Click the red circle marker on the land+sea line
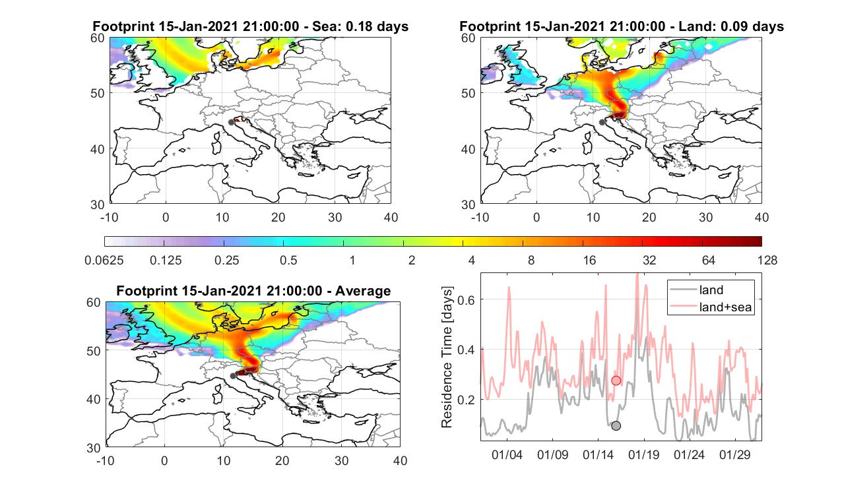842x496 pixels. point(616,381)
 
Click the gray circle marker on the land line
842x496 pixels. point(616,425)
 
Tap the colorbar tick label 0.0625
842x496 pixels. point(104,260)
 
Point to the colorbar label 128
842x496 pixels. point(767,260)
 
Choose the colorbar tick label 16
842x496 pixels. point(589,260)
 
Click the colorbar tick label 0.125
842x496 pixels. point(166,260)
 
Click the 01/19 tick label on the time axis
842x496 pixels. point(643,454)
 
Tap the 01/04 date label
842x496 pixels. point(507,454)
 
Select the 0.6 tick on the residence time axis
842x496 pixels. point(465,299)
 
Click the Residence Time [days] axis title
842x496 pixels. point(447,357)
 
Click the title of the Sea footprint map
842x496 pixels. point(250,26)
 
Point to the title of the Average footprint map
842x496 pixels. point(253,291)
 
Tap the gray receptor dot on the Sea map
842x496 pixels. point(231,123)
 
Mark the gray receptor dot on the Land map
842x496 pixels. point(602,122)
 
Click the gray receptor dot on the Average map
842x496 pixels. point(233,376)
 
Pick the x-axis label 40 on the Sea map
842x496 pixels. point(391,217)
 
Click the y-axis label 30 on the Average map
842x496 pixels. point(94,448)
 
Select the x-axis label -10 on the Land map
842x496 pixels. point(480,217)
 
